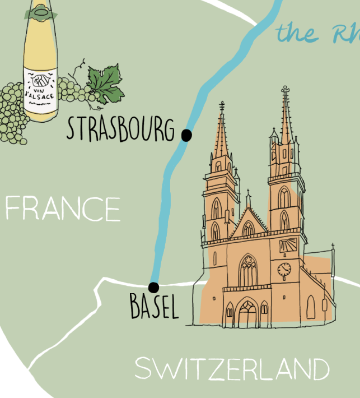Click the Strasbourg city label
coord(120,128)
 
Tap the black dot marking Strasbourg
coord(186,135)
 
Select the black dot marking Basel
coord(154,288)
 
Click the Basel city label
coord(154,307)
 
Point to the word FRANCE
coord(62,209)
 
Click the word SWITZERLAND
coord(232,369)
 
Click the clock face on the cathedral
coord(284,269)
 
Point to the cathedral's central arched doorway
coord(247,314)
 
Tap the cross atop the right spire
coord(286,89)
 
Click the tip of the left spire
coord(222,104)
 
